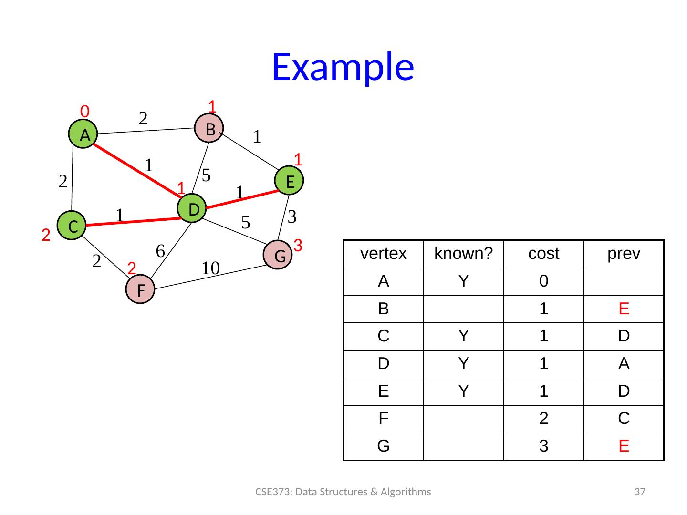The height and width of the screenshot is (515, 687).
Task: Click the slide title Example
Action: pos(343,67)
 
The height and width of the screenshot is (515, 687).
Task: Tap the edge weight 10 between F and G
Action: pos(209,268)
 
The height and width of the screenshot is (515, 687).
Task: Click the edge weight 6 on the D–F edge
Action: pos(160,250)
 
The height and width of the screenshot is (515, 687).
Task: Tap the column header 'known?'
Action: pos(463,254)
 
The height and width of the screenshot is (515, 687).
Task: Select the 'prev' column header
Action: pos(624,254)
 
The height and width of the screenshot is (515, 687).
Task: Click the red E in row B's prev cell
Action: pos(624,309)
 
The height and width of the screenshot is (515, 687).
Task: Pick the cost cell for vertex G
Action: pos(543,446)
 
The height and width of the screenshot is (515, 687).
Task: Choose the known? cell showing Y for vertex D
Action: pos(463,364)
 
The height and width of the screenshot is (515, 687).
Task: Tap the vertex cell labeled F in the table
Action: pos(383,419)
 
